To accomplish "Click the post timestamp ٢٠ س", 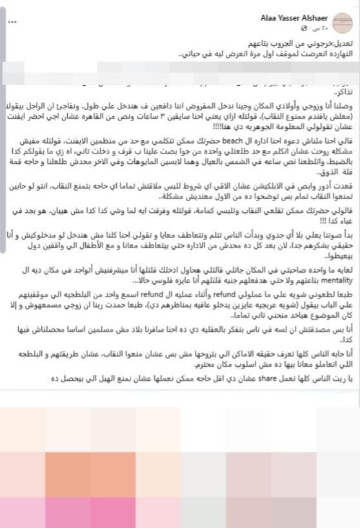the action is tap(321, 28).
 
